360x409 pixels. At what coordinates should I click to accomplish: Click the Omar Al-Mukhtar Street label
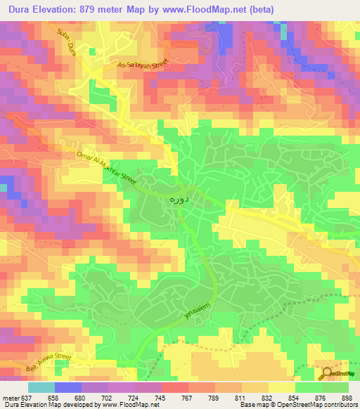tap(107, 169)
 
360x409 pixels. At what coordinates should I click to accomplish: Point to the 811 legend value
tap(240, 397)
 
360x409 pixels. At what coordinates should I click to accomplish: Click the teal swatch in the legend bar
tap(41, 387)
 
